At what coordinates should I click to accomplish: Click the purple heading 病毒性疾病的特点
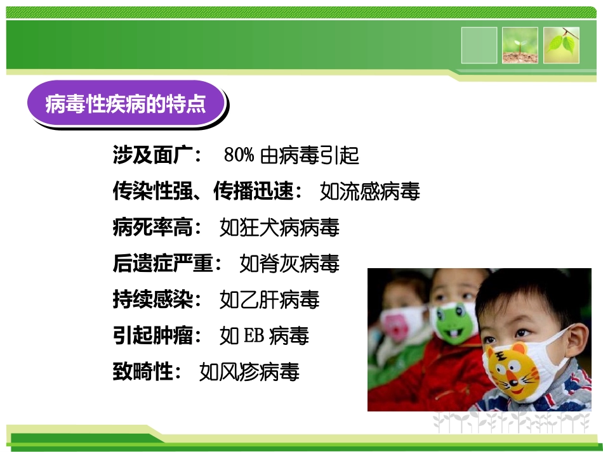pos(126,104)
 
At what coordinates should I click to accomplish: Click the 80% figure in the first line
pos(239,155)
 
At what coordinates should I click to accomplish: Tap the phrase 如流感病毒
pos(369,191)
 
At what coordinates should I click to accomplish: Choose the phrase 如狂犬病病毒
pos(279,226)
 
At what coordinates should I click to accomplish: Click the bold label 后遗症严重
pos(163,262)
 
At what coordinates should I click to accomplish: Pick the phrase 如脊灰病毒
pos(289,262)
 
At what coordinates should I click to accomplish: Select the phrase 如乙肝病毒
pos(268,299)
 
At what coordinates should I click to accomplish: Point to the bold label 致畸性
pos(143,371)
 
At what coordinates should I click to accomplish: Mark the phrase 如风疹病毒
pos(248,371)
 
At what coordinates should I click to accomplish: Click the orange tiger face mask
pos(517,371)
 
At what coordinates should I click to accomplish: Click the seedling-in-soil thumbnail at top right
pos(520,45)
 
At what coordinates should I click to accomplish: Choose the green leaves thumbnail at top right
pos(561,45)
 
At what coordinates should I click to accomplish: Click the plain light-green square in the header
pos(479,45)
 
